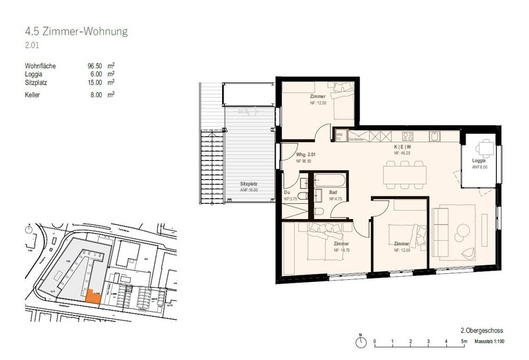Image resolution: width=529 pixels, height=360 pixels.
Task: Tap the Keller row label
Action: click(31, 95)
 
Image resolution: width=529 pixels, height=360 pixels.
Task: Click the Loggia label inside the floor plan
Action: click(479, 161)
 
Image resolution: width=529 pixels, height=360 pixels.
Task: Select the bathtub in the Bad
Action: click(327, 179)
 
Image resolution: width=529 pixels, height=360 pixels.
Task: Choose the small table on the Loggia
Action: click(485, 147)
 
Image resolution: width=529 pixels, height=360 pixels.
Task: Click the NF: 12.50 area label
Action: click(318, 102)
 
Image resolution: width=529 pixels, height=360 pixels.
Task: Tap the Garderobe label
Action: click(357, 140)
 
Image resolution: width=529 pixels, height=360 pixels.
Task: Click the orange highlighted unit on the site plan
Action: click(93, 297)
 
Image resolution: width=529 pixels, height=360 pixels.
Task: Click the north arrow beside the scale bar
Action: click(360, 341)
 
